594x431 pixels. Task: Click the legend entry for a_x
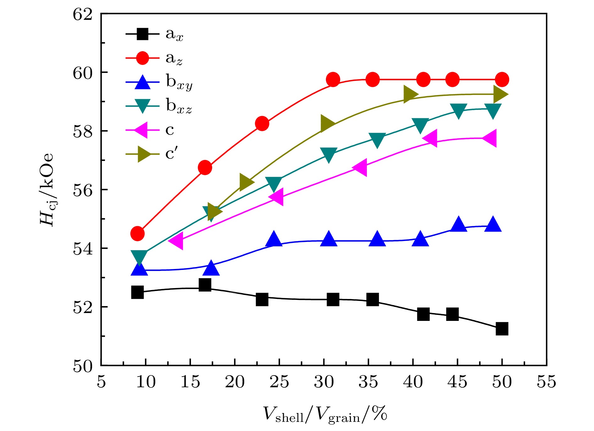(154, 34)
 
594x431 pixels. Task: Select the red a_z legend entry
(154, 58)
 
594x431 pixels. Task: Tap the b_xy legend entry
(159, 82)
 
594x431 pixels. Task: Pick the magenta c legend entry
(151, 130)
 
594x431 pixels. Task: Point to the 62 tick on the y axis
(83, 14)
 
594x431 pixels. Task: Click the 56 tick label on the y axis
(83, 190)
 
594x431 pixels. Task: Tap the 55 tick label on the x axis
(547, 382)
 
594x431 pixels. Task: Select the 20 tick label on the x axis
(235, 382)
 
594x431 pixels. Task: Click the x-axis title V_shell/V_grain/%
(324, 414)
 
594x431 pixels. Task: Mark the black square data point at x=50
(502, 329)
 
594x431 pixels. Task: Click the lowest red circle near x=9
(137, 233)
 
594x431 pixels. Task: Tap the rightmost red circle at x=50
(502, 80)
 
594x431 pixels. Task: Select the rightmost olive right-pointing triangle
(500, 94)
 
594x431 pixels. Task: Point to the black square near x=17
(205, 285)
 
